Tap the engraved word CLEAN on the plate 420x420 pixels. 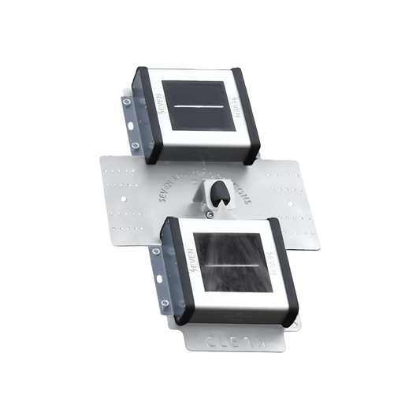point(232,341)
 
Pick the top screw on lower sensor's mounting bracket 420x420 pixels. point(156,251)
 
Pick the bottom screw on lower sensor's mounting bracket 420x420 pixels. point(165,303)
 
